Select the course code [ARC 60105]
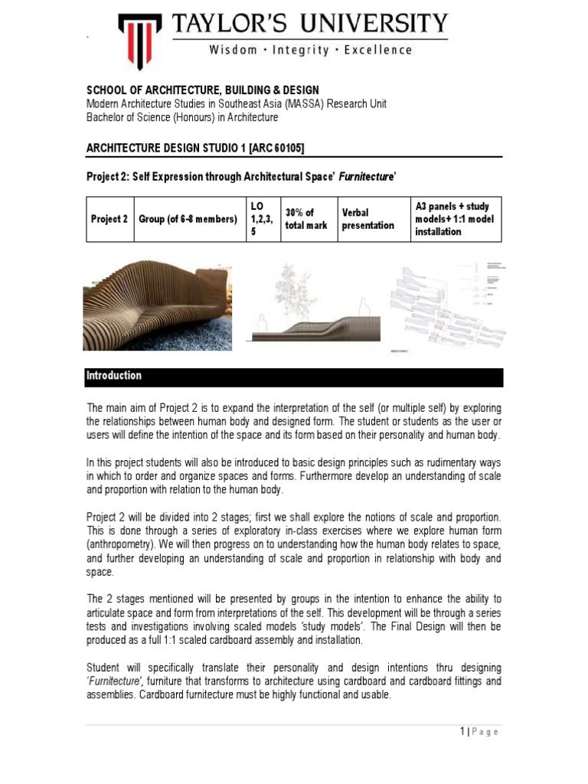click(259, 147)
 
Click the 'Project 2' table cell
click(109, 219)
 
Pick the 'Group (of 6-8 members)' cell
click(188, 219)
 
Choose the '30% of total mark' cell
click(308, 219)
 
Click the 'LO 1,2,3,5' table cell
click(261, 219)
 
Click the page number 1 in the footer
click(462, 731)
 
